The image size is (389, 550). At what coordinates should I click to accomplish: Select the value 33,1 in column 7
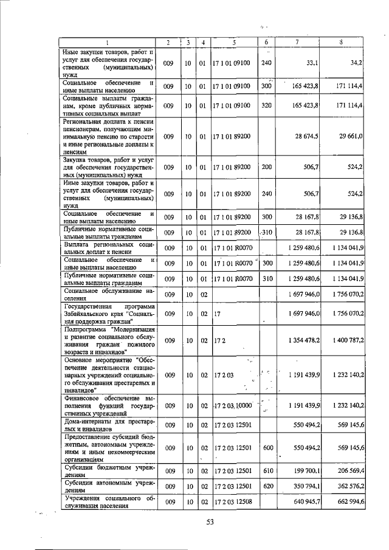(314, 62)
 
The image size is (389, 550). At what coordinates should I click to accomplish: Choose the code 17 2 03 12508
(233, 502)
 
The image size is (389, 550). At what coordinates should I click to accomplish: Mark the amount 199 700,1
(306, 470)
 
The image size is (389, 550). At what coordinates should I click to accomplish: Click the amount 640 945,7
(306, 502)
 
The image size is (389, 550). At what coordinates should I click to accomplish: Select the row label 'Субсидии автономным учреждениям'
(108, 486)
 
